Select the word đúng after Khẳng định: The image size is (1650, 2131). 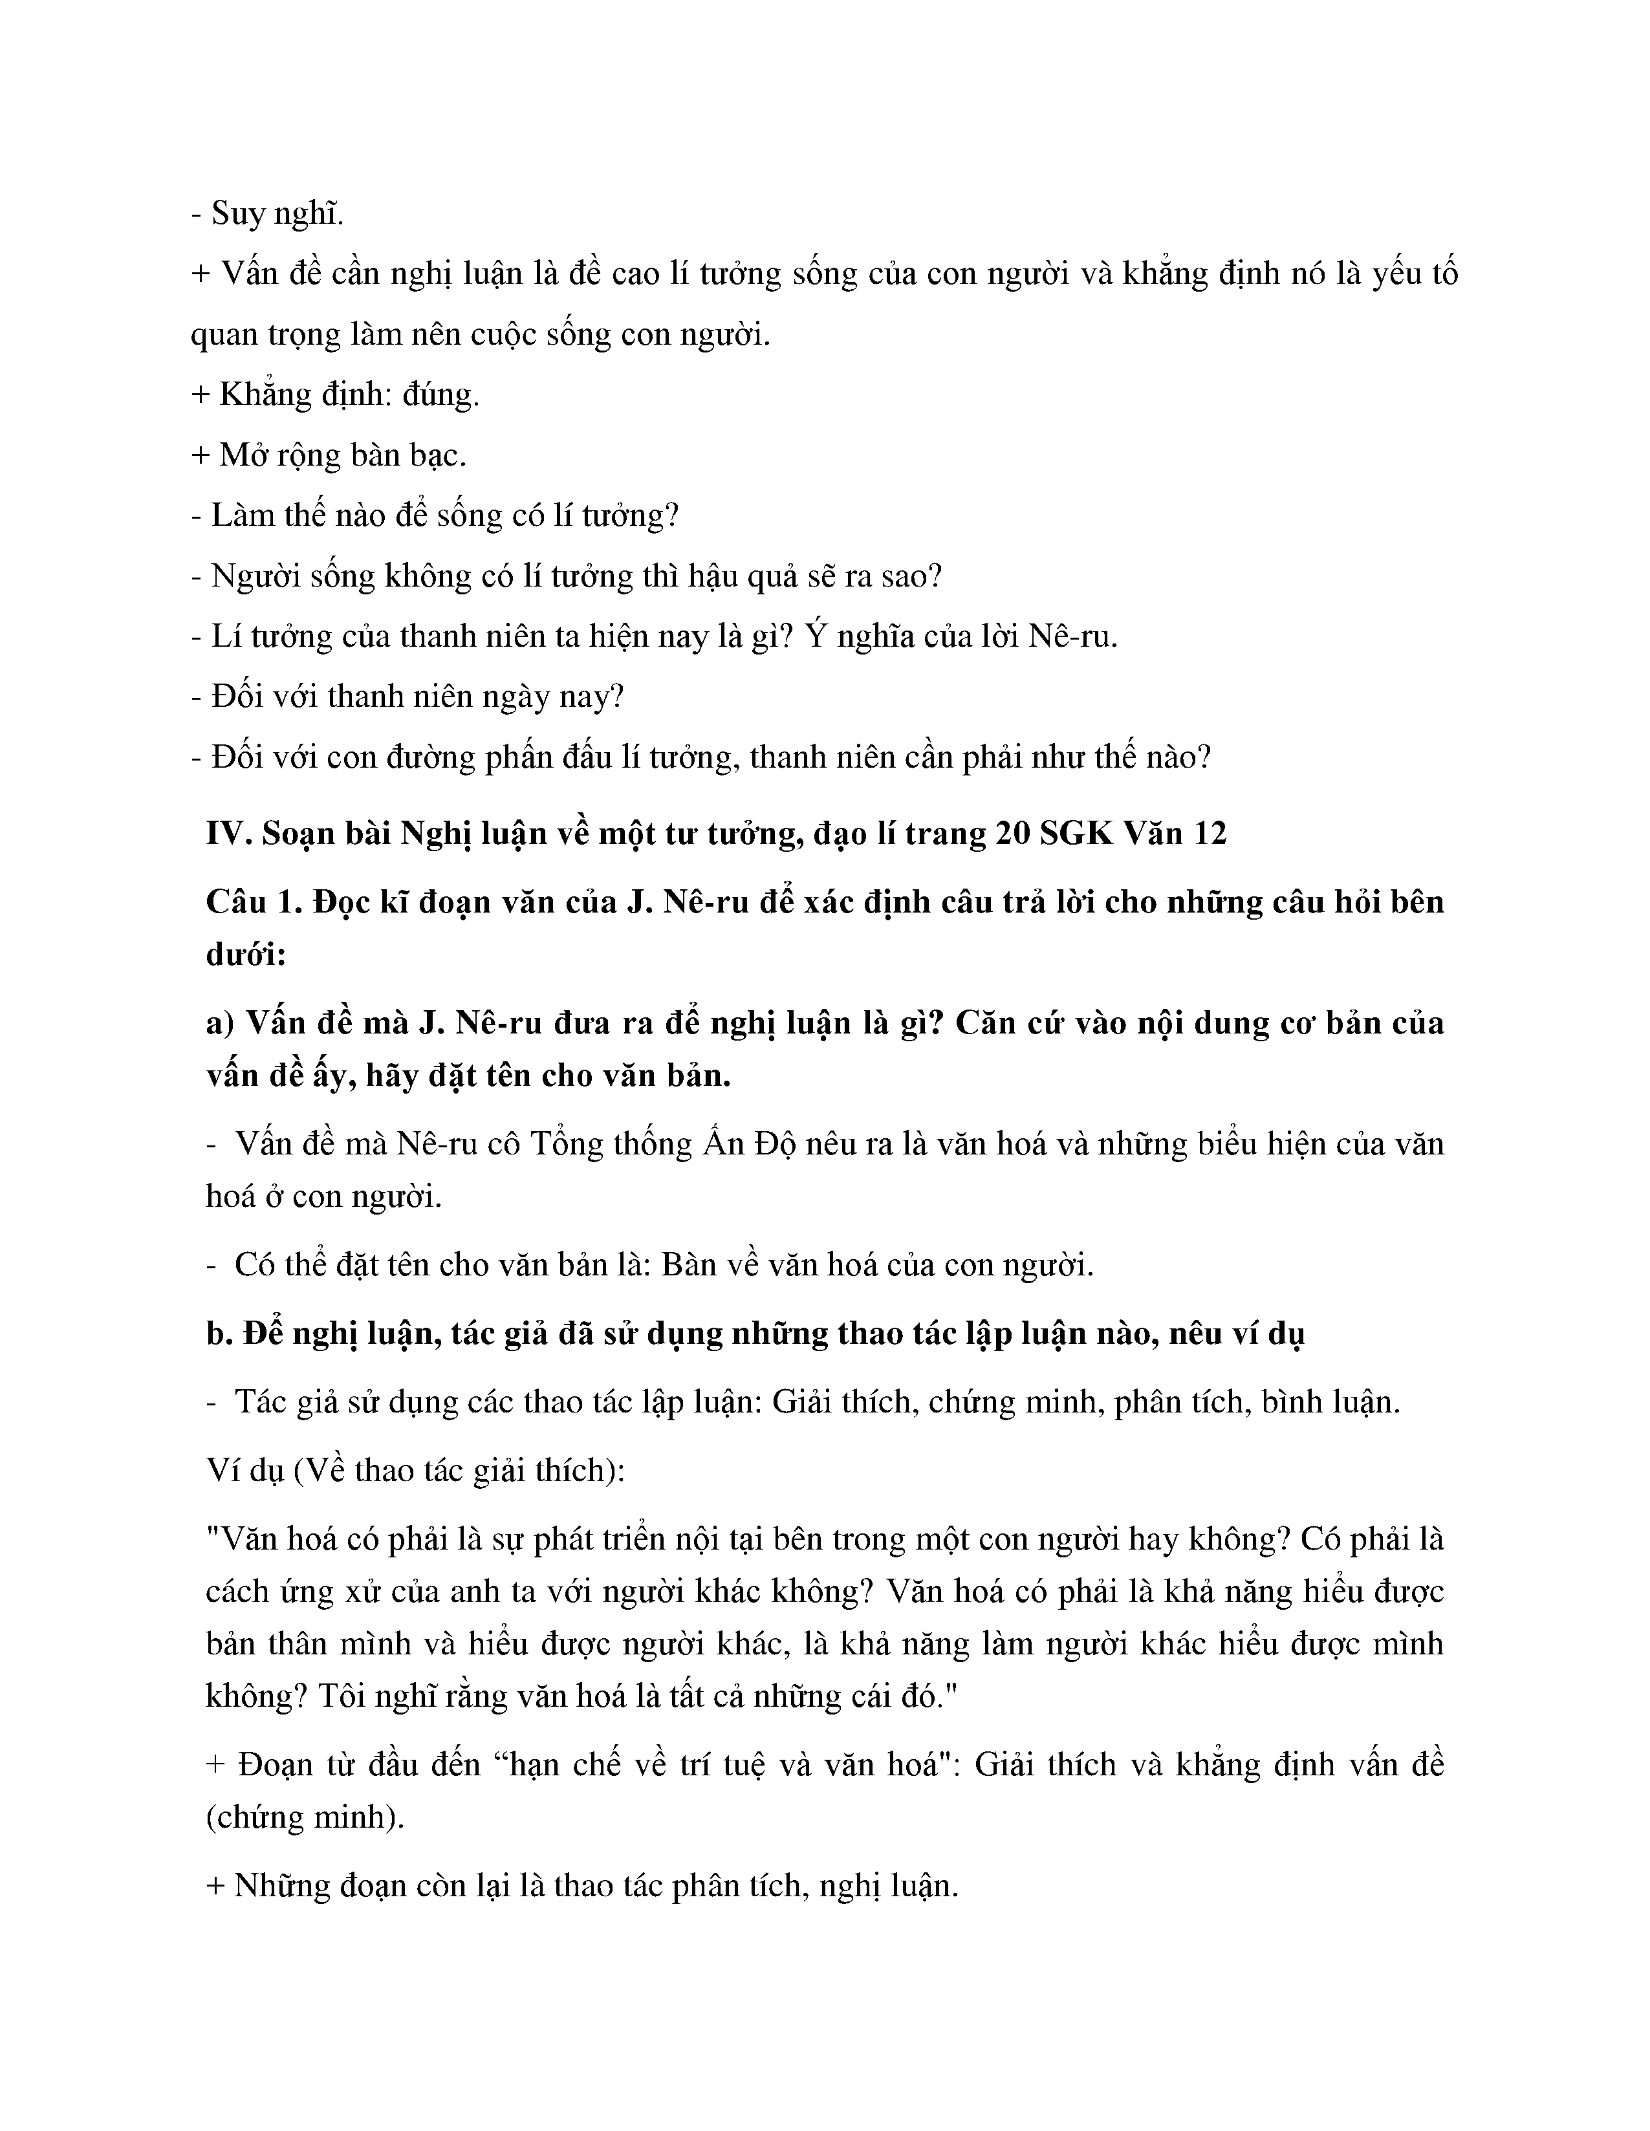(441, 395)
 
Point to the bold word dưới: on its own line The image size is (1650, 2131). (246, 955)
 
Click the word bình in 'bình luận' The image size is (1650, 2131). (1291, 1403)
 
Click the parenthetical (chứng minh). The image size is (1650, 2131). (305, 1818)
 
